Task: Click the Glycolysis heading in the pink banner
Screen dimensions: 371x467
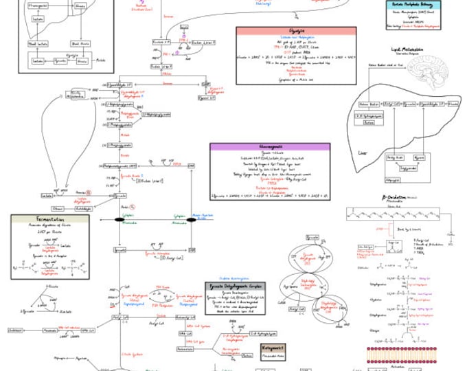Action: tap(295, 31)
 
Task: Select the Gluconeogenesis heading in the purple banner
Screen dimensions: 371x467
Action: tap(270, 147)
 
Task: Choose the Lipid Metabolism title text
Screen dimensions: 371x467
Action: tap(407, 49)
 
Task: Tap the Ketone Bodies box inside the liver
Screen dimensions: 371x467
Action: tap(369, 104)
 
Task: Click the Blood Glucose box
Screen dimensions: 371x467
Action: tap(81, 44)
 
